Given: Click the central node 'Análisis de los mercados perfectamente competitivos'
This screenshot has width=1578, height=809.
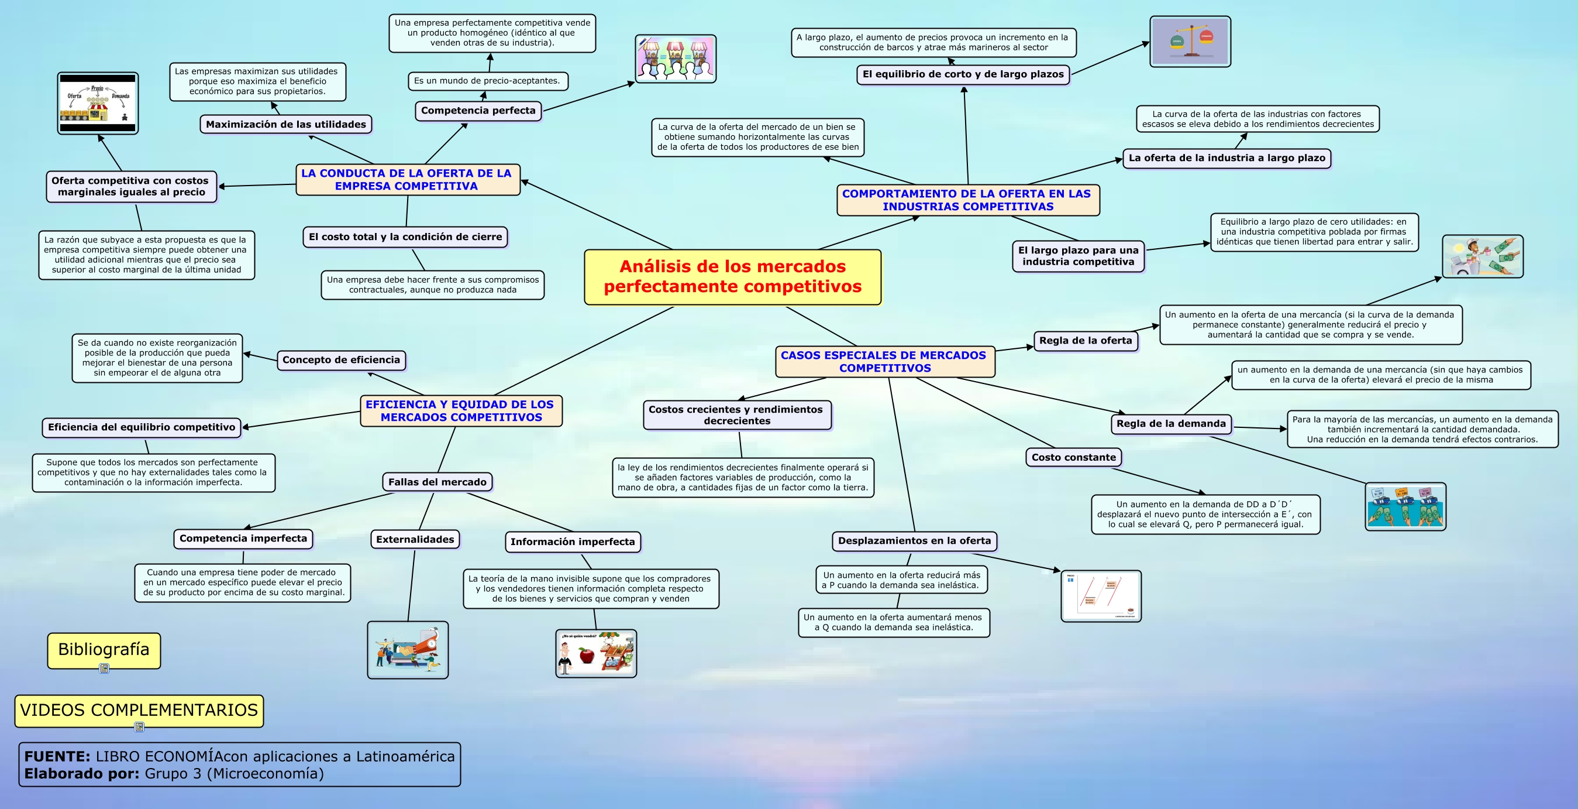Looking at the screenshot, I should click(733, 276).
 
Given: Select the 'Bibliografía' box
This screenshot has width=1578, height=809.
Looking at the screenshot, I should click(104, 650).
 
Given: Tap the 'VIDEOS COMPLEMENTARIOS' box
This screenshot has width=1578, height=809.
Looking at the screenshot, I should click(139, 710).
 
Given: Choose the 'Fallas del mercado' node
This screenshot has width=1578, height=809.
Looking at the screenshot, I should click(437, 482).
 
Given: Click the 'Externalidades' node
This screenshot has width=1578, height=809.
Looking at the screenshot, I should click(415, 539).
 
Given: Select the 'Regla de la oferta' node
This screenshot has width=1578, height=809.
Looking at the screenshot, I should click(1086, 341).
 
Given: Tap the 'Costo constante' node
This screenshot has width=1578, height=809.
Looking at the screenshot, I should click(1073, 457).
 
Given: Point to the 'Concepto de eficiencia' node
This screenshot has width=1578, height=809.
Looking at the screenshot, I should click(340, 361).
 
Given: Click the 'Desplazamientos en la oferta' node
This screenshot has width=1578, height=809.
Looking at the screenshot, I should click(914, 540).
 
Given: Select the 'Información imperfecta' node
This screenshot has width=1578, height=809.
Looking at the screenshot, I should click(572, 542).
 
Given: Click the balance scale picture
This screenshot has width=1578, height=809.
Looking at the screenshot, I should click(1190, 42).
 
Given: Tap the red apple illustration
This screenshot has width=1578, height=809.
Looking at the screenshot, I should click(586, 656).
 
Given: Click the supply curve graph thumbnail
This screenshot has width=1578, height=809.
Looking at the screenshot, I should click(1101, 597).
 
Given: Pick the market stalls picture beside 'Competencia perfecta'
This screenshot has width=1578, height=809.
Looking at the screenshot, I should click(675, 59).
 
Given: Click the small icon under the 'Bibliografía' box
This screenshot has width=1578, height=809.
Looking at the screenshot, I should click(104, 669).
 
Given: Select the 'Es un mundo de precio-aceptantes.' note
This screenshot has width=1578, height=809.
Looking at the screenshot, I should click(487, 81).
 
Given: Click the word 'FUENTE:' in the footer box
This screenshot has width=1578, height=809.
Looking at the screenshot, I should click(57, 756).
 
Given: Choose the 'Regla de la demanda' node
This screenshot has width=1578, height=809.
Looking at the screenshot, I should click(1171, 423).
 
